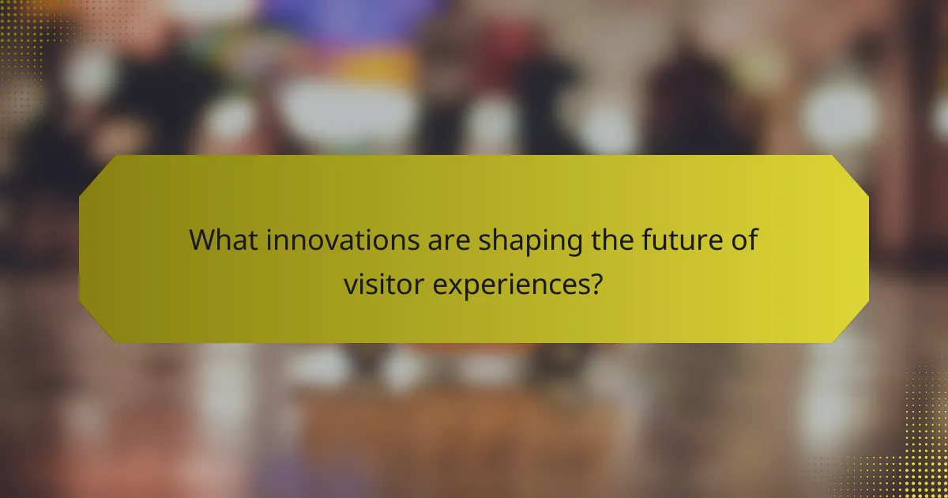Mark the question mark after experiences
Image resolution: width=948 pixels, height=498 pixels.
pyautogui.click(x=597, y=282)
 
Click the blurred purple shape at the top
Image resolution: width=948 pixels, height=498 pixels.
pyautogui.click(x=348, y=24)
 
